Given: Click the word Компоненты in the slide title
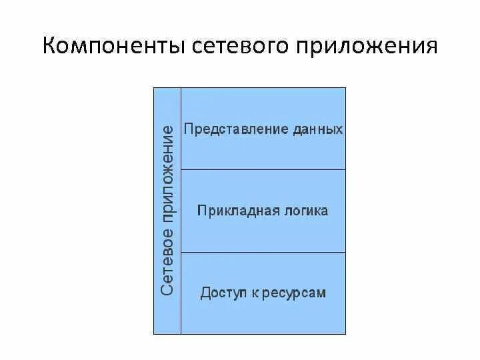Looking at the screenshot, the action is point(113,49).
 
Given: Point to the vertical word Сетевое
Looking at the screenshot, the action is point(167,262).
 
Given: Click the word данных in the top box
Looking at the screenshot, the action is point(317,129).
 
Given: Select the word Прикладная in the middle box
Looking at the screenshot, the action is point(231,211).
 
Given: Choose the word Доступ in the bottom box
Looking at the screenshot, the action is point(222,293).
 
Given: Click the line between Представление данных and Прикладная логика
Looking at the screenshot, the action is point(263,169).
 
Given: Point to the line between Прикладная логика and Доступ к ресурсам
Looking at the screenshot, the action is point(263,252).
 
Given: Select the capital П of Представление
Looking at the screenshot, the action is point(189,129).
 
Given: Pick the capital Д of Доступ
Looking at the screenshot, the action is point(205,293).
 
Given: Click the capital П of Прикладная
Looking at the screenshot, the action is point(202,211).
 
